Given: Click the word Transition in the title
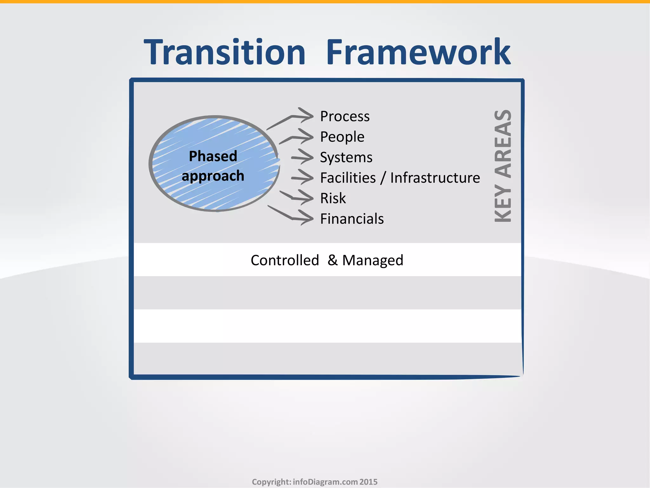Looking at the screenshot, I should click(224, 52).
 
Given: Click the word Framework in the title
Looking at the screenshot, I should click(418, 52).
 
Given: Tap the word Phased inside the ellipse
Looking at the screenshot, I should click(213, 156).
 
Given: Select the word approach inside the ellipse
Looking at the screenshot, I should click(213, 176).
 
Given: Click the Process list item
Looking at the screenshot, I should click(345, 116).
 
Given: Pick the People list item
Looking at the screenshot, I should click(342, 137).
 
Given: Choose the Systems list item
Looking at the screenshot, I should click(346, 157).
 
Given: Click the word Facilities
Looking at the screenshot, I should click(348, 178).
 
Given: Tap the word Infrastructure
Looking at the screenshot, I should click(435, 178).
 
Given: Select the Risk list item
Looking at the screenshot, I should click(333, 198).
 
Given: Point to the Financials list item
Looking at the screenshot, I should click(352, 219).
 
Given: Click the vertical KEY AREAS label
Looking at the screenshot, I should click(503, 166).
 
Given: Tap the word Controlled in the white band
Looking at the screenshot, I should click(285, 260).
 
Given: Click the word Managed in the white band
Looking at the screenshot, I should click(373, 260).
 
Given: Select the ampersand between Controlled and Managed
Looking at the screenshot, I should click(332, 260).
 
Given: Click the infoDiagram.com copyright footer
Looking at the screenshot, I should click(315, 482).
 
